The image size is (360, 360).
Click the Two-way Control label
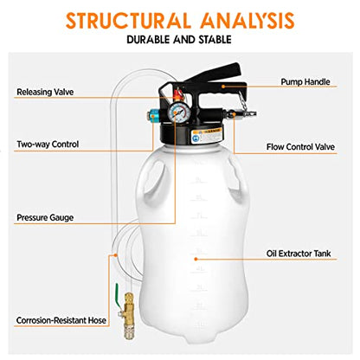coord(47,145)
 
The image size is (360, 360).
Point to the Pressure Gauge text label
coord(45,216)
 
